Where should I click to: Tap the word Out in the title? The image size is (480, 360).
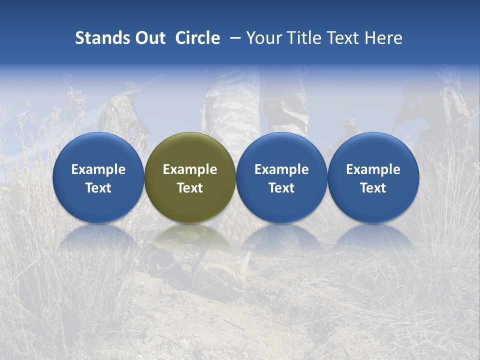click(149, 38)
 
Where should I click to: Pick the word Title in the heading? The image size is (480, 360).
click(302, 38)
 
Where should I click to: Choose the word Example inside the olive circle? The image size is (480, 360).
click(190, 169)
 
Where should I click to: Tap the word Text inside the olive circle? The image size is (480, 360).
click(190, 188)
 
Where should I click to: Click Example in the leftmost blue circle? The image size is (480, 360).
click(98, 169)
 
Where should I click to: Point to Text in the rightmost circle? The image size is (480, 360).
click(373, 188)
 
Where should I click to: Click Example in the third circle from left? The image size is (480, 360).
click(281, 169)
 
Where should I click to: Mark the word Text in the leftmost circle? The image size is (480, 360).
click(98, 188)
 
